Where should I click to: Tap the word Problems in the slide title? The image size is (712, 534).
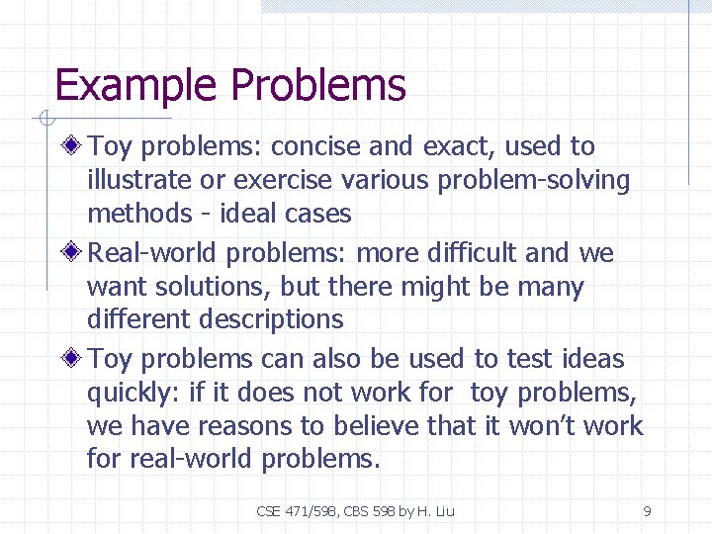tap(317, 86)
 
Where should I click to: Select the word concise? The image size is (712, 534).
tap(315, 147)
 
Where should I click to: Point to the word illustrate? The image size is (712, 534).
tap(138, 180)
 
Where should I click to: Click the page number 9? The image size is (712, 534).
tap(647, 511)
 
